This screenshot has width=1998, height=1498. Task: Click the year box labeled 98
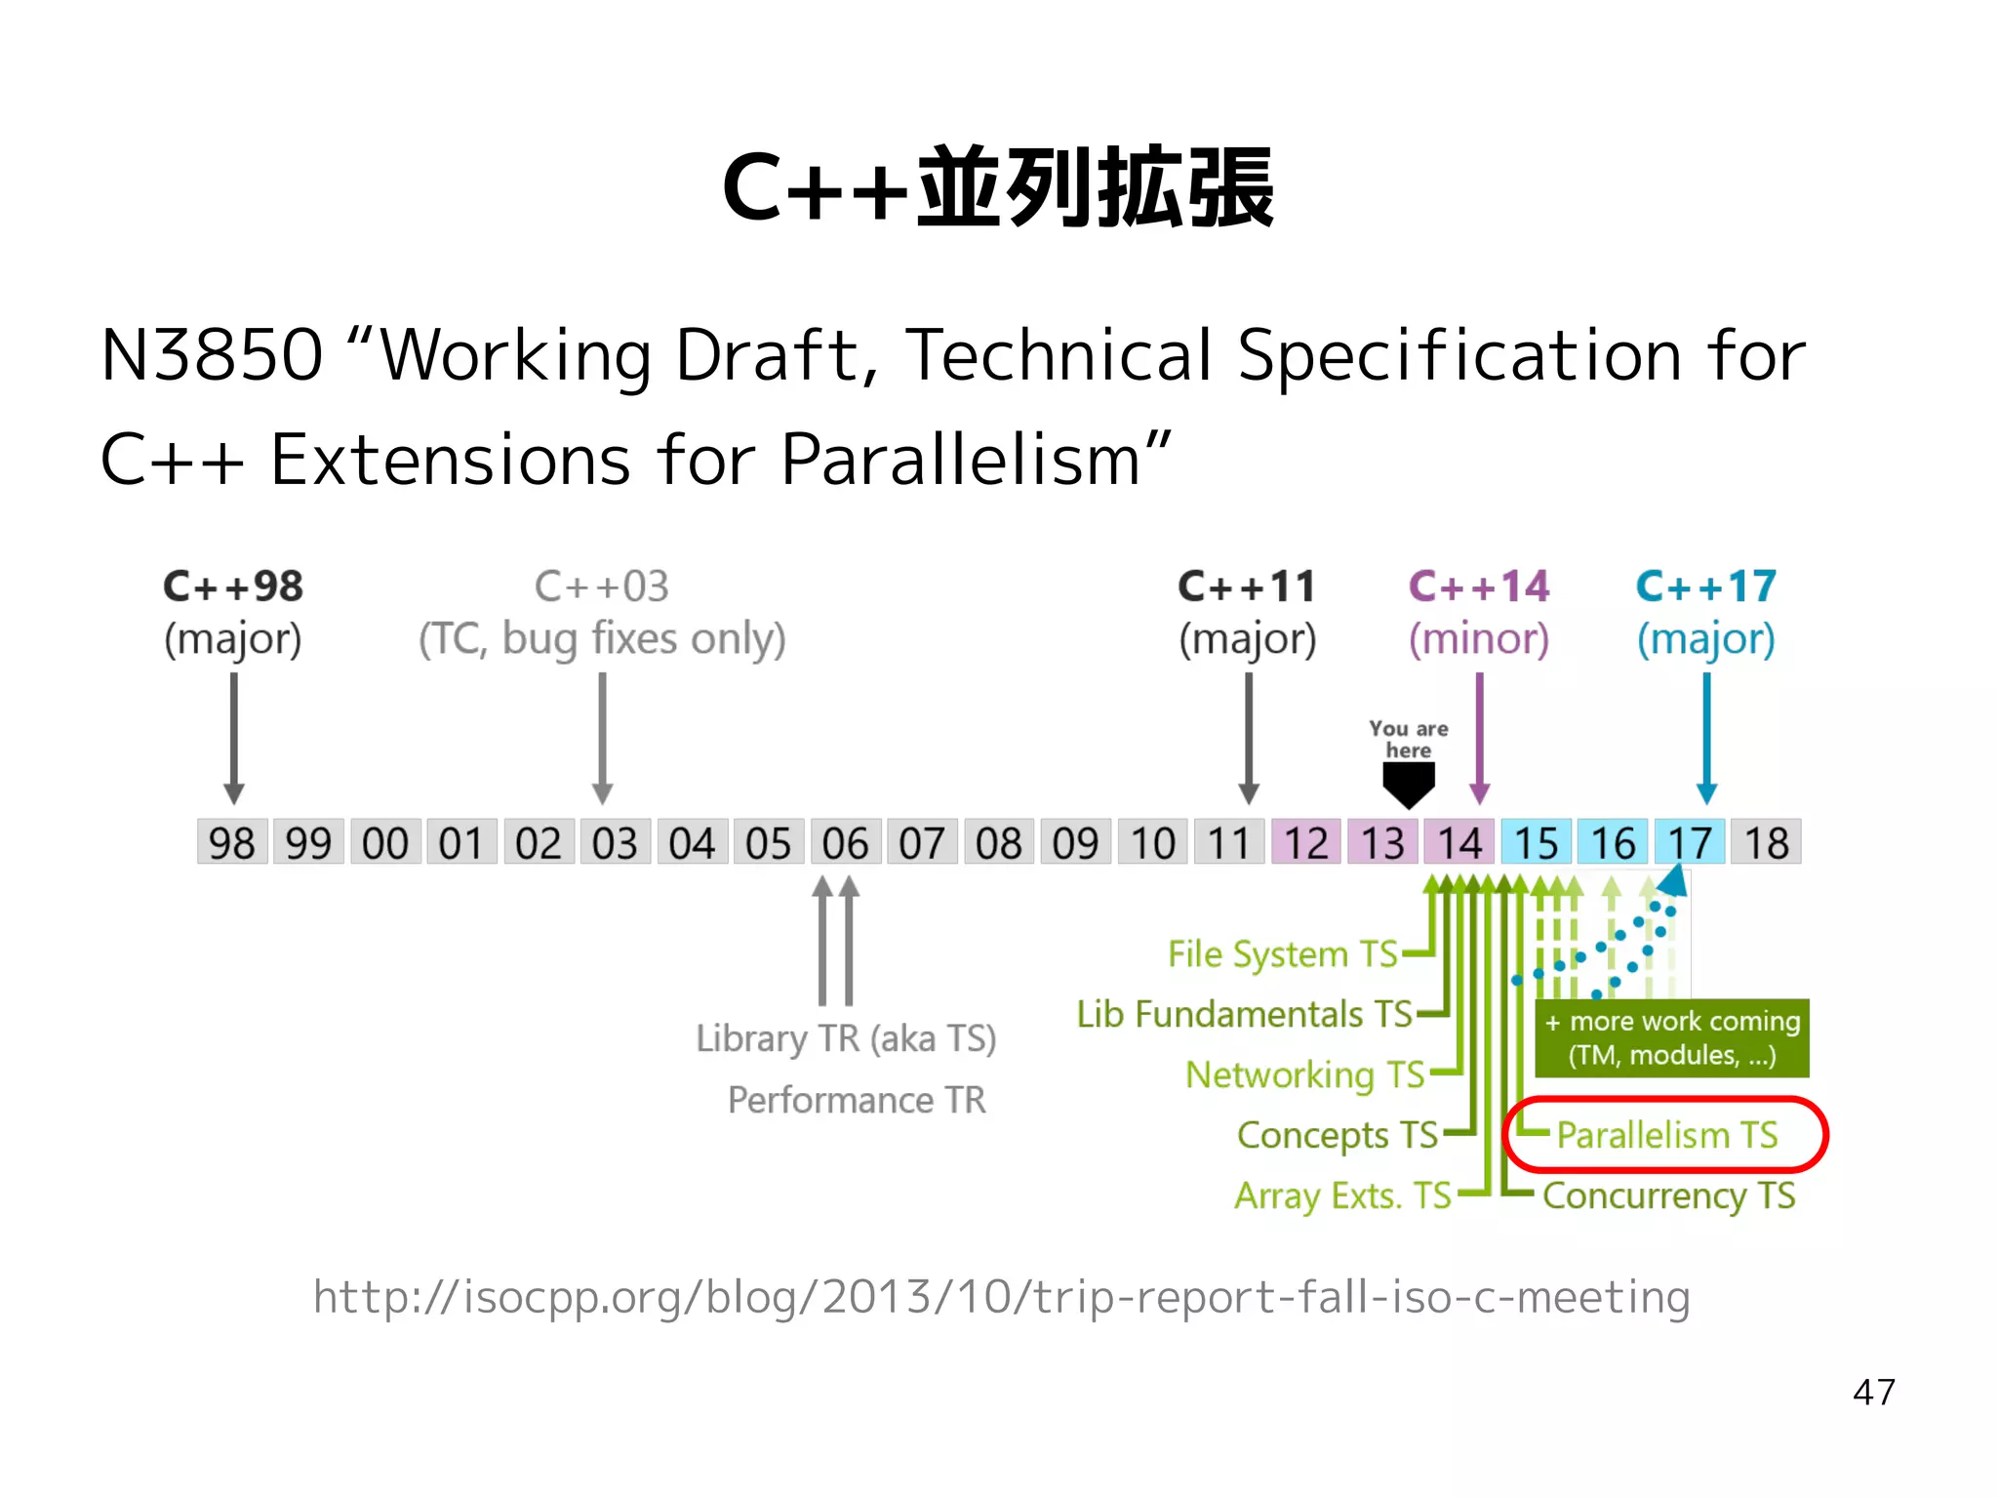tap(232, 842)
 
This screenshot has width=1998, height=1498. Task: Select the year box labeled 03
tap(615, 842)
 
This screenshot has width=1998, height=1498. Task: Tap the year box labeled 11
tap(1229, 842)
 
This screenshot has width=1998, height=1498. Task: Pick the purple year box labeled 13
tap(1382, 842)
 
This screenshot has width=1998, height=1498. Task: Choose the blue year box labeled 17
tap(1690, 842)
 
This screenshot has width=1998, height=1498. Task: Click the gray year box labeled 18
tap(1766, 842)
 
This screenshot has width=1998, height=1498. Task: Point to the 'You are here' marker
tap(1409, 766)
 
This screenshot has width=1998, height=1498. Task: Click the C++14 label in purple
tap(1479, 587)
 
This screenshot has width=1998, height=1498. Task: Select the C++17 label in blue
tap(1705, 587)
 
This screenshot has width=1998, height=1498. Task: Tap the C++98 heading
tap(233, 587)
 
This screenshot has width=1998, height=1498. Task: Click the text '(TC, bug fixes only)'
tap(602, 639)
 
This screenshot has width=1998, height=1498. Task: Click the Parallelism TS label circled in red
tap(1666, 1135)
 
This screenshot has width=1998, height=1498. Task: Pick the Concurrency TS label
tap(1668, 1195)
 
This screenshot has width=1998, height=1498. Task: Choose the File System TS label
tap(1283, 953)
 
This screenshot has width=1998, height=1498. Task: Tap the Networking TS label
tap(1305, 1074)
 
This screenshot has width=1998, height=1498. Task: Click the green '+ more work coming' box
tap(1672, 1037)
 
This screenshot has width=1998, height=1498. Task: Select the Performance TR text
tap(857, 1100)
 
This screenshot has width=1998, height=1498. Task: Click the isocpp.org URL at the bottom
tap(1001, 1297)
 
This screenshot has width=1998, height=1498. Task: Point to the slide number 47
tap(1873, 1392)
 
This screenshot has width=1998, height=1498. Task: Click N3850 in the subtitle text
tap(212, 354)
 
